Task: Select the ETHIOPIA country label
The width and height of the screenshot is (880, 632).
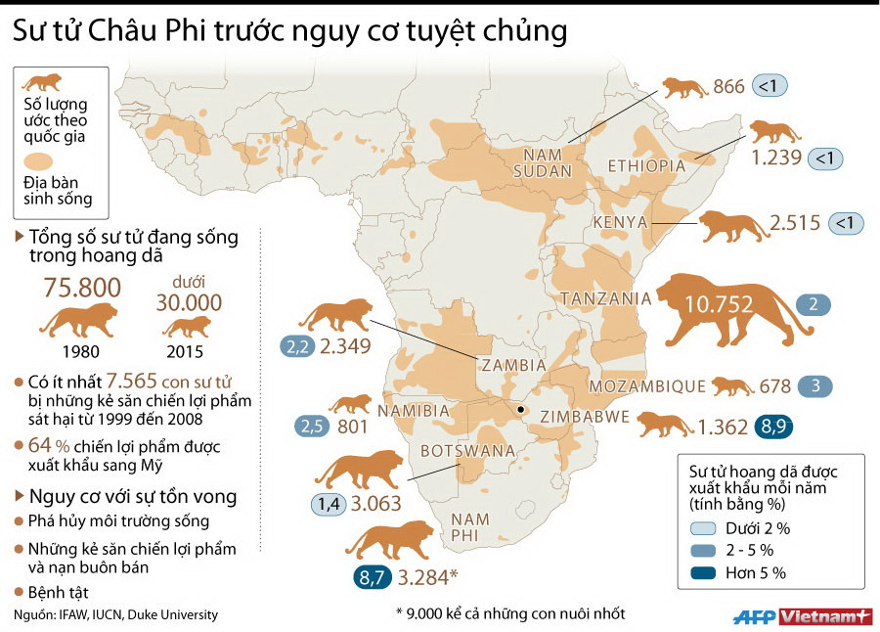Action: click(647, 165)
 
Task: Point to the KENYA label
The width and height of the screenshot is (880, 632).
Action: click(621, 222)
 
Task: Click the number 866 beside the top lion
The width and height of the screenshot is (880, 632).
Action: click(729, 86)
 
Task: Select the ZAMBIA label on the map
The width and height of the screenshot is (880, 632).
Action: click(513, 365)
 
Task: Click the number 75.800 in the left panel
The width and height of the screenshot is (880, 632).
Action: click(83, 288)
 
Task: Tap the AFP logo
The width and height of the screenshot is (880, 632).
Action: click(755, 616)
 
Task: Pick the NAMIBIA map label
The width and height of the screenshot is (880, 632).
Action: click(413, 410)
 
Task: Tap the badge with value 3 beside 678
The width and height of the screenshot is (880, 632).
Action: click(815, 385)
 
